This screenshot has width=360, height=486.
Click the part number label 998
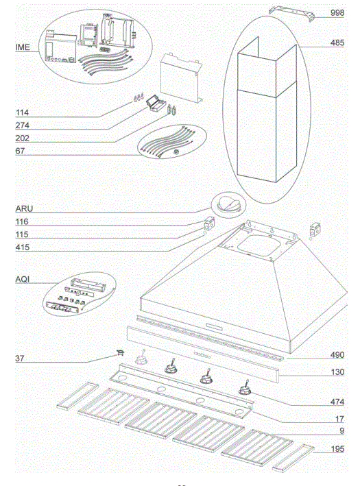tap(337, 13)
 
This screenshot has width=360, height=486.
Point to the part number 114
tap(23, 112)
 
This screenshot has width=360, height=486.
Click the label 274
tap(23, 125)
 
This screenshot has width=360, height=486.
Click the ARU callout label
tap(23, 208)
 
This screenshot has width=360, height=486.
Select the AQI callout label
tap(23, 280)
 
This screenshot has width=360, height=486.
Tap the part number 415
tap(23, 247)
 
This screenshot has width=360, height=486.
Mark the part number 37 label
tap(20, 359)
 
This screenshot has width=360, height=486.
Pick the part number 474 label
tap(337, 400)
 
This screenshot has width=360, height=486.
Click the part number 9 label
tap(341, 432)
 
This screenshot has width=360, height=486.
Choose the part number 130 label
tap(337, 374)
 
